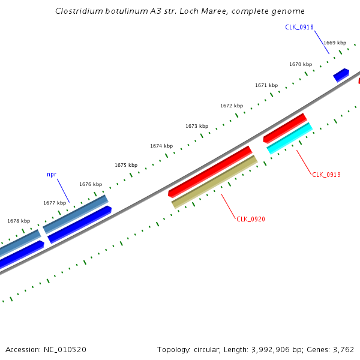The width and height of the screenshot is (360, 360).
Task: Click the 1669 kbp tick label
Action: [x=335, y=43]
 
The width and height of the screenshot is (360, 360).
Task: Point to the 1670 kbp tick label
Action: [x=301, y=64]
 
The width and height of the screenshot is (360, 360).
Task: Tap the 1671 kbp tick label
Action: [x=266, y=85]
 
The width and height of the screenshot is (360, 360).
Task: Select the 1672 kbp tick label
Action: [x=232, y=106]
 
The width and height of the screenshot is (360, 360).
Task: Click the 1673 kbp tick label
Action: [x=197, y=126]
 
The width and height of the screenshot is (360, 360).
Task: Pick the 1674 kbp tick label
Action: [x=161, y=146]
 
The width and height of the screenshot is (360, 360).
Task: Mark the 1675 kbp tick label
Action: [x=126, y=165]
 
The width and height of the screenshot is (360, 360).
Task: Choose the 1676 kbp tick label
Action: [x=91, y=184]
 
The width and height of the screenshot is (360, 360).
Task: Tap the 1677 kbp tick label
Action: [x=55, y=203]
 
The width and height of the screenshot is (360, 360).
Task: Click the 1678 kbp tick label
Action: [x=19, y=221]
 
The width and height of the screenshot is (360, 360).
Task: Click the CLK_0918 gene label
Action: [x=299, y=27]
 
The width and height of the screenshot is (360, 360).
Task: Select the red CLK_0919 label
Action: [x=326, y=175]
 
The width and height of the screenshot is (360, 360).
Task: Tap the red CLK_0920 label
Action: [x=251, y=219]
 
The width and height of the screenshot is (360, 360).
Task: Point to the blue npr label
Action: [x=52, y=174]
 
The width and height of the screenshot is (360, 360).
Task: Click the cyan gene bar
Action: [x=290, y=139]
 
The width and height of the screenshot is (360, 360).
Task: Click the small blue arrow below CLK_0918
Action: [x=341, y=74]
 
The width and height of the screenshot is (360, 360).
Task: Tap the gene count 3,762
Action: [x=343, y=349]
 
